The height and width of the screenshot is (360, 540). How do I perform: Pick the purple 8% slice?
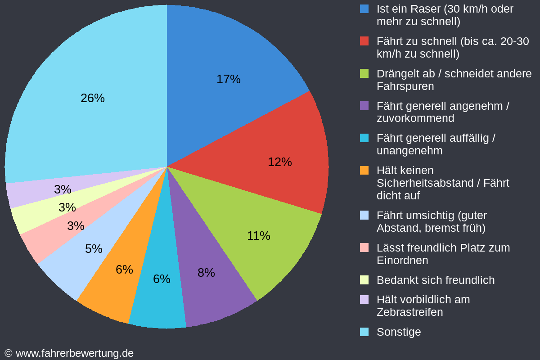(x=207, y=270)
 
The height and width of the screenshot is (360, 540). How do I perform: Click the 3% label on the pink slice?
(x=76, y=226)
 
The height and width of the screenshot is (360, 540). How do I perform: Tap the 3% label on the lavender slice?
(x=63, y=189)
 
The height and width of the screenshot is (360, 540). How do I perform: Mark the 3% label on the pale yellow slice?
(x=67, y=207)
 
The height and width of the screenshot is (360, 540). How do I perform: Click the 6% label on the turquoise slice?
(x=162, y=279)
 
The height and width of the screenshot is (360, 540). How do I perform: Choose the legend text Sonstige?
(x=399, y=332)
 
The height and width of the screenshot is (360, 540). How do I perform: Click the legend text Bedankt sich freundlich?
(x=436, y=280)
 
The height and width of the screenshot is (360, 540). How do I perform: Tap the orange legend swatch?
(x=364, y=170)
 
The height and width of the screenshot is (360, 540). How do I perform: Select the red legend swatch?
(x=364, y=41)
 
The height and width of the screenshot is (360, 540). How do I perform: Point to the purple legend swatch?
(x=364, y=106)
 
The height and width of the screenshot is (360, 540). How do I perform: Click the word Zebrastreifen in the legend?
(x=410, y=312)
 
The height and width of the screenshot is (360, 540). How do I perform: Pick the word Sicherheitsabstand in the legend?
(x=425, y=183)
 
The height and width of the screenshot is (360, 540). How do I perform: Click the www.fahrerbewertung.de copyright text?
(x=69, y=354)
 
